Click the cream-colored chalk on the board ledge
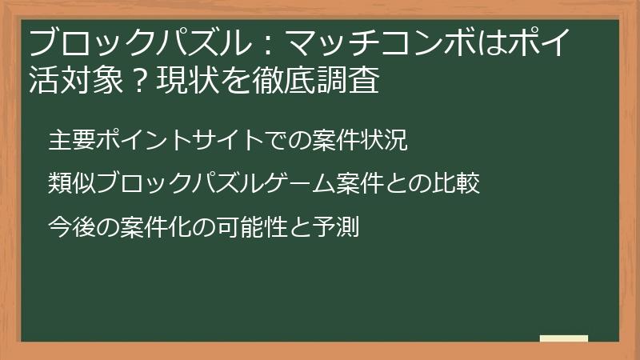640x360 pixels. click(x=564, y=338)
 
